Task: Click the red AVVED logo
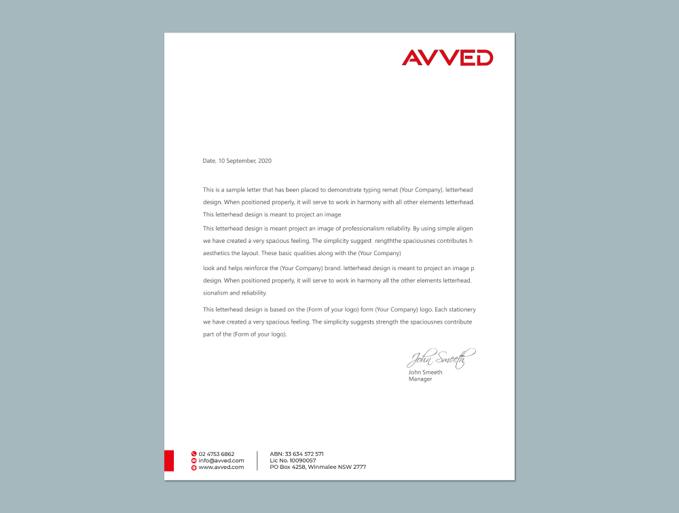447,58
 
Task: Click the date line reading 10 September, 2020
237,161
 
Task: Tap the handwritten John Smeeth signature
441,358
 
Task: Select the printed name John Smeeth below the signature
425,373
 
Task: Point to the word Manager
420,379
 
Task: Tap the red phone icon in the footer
194,453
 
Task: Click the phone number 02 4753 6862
217,453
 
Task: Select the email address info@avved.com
221,460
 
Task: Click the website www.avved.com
221,467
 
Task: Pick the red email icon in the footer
194,460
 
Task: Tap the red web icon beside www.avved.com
194,467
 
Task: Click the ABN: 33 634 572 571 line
297,453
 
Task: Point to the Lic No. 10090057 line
293,460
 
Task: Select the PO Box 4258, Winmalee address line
318,467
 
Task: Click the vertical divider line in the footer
257,460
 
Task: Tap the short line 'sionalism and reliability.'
235,293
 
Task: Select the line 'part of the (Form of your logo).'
245,335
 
